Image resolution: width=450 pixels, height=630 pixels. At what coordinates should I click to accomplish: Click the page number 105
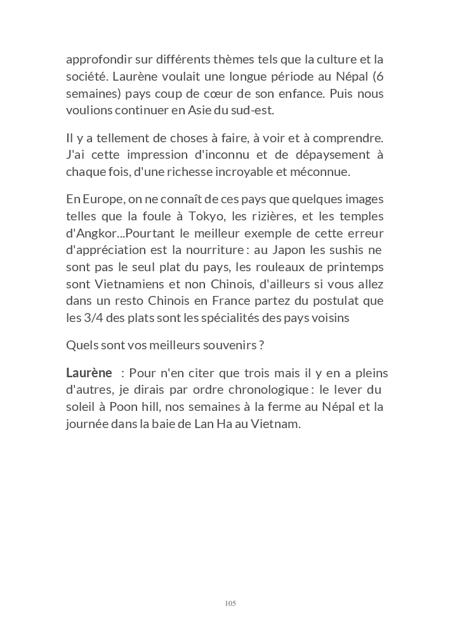tap(230, 603)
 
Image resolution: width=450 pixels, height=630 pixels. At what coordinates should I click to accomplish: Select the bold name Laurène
tap(89, 373)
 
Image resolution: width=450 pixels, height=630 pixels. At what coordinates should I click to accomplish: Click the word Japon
tap(293, 250)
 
